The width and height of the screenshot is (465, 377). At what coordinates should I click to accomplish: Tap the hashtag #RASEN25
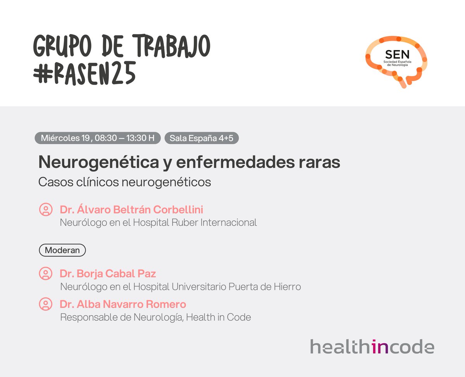pos(84,73)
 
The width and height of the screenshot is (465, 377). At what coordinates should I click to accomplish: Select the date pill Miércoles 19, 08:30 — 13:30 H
pos(97,138)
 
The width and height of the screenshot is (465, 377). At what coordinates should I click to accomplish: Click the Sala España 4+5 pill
pos(201,138)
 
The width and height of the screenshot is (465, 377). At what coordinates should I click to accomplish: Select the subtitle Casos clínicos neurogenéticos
pos(124,182)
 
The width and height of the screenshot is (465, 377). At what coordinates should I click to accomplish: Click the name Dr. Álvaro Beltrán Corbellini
pos(131,209)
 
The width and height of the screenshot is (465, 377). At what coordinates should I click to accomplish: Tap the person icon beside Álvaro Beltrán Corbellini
pos(46,209)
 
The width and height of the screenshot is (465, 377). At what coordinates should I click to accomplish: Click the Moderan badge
pos(62,250)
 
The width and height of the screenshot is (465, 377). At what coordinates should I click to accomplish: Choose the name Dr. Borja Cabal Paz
pos(108,274)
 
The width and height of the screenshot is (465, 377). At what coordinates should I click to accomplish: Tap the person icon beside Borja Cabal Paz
pos(46,274)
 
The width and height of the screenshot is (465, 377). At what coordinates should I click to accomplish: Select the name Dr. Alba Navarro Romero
pos(123,304)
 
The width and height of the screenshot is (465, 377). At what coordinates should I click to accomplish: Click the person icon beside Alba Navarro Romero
pos(46,304)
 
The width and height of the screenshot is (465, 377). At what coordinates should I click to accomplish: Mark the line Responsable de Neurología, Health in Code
pos(155,317)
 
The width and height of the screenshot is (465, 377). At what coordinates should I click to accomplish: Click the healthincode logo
pos(372,346)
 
